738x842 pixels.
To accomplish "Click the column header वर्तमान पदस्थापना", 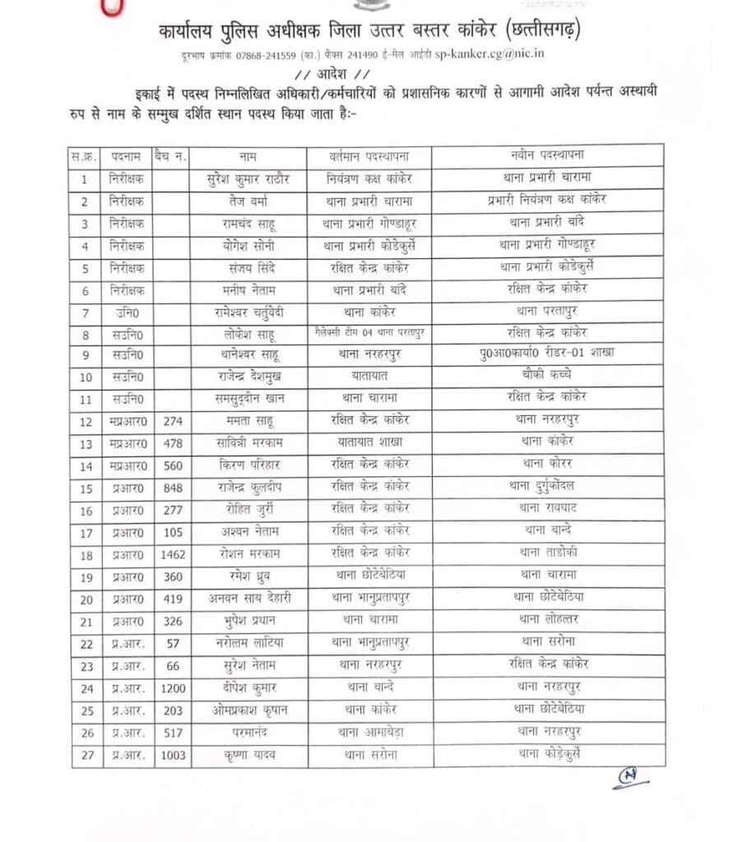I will click(x=369, y=155).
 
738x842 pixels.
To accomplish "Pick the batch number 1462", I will click(x=173, y=552).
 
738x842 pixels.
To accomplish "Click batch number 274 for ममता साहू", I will click(x=173, y=419).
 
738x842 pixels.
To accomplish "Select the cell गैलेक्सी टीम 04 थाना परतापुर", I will click(x=369, y=332).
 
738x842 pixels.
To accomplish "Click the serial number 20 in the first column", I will click(x=85, y=597).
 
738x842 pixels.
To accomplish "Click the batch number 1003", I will click(x=173, y=754).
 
